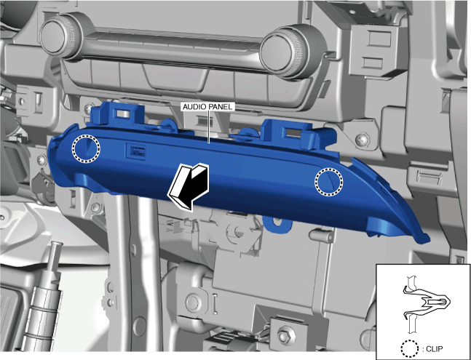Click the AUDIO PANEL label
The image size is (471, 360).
pyautogui.click(x=208, y=107)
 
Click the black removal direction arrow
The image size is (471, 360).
pyautogui.click(x=189, y=186)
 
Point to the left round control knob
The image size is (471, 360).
pyautogui.click(x=61, y=36)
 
